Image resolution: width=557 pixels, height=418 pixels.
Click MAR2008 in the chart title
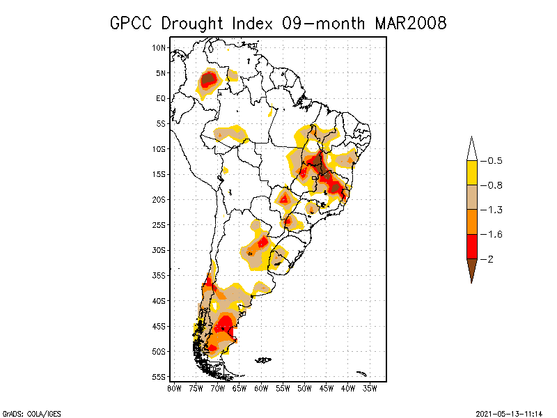tap(411, 24)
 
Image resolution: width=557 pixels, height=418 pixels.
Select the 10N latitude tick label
tap(159, 47)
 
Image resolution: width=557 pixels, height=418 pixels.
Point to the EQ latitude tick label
tap(161, 98)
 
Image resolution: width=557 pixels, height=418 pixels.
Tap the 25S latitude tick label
tap(159, 225)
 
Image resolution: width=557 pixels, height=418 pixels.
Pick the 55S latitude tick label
tap(159, 377)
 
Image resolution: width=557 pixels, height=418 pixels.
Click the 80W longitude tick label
tap(174, 388)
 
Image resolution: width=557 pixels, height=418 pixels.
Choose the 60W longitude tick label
tap(261, 388)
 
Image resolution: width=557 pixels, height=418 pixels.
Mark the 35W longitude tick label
tap(370, 388)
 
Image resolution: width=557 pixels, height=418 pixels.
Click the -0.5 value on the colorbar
tap(494, 161)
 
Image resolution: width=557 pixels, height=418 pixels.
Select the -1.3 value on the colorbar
tap(494, 210)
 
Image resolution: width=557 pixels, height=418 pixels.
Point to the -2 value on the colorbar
tap(490, 259)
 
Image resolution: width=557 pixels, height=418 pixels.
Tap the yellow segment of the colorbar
tap(471, 173)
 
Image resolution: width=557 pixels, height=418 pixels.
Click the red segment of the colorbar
tap(471, 247)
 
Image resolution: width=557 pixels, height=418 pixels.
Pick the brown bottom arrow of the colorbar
tap(471, 269)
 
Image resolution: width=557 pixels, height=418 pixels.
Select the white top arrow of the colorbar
tap(471, 149)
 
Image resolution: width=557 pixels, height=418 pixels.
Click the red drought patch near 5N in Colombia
tap(207, 81)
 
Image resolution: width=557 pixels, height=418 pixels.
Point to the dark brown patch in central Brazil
tap(317, 163)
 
